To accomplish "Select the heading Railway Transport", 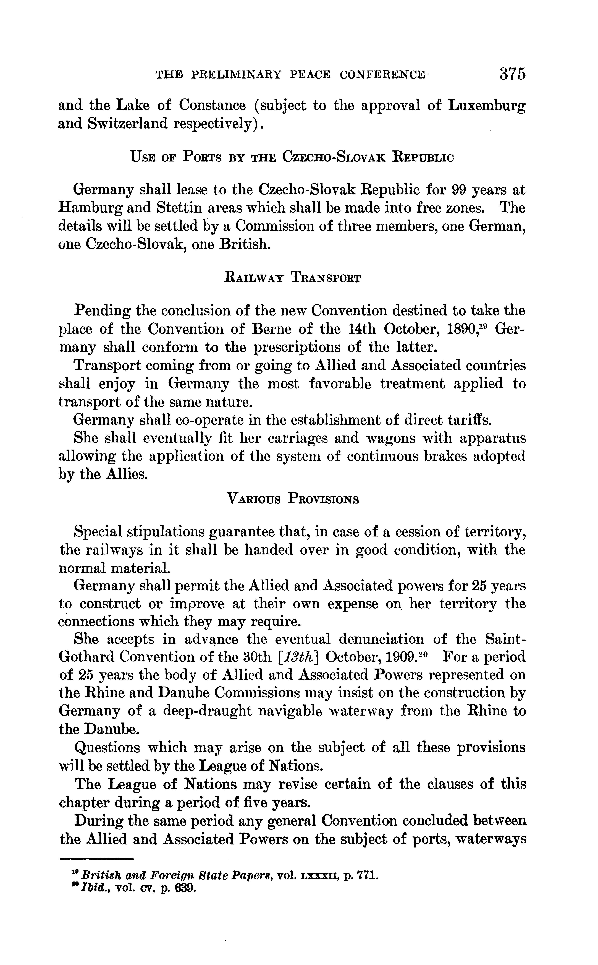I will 292,278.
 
